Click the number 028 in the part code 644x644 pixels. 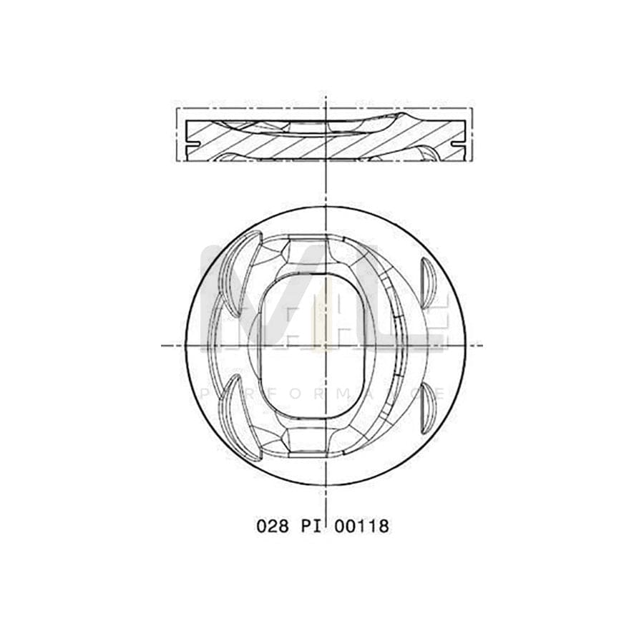[x=273, y=526]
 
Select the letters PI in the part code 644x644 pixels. [x=309, y=526]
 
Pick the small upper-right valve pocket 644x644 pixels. [x=428, y=281]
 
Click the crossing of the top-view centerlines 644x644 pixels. [x=326, y=345]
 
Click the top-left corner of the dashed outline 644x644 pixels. [x=177, y=109]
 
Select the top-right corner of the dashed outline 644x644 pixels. [x=472, y=109]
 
